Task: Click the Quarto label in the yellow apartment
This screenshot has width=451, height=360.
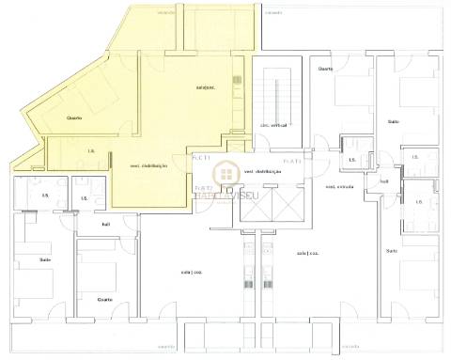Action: coord(74,117)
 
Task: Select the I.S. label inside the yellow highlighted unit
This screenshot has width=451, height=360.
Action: coord(91,150)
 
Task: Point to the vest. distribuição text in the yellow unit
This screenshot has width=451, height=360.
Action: coord(148,165)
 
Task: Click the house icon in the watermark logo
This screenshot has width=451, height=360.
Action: coord(225,173)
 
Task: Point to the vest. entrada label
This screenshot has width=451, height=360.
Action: coord(338,185)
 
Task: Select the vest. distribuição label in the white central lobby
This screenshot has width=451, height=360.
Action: coord(263,172)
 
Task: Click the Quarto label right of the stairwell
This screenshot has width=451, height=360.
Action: coord(325,69)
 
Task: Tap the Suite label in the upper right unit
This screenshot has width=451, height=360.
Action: coord(394,121)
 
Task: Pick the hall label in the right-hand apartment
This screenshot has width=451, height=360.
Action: coord(384,182)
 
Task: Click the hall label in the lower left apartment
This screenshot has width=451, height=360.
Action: coord(106,224)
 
